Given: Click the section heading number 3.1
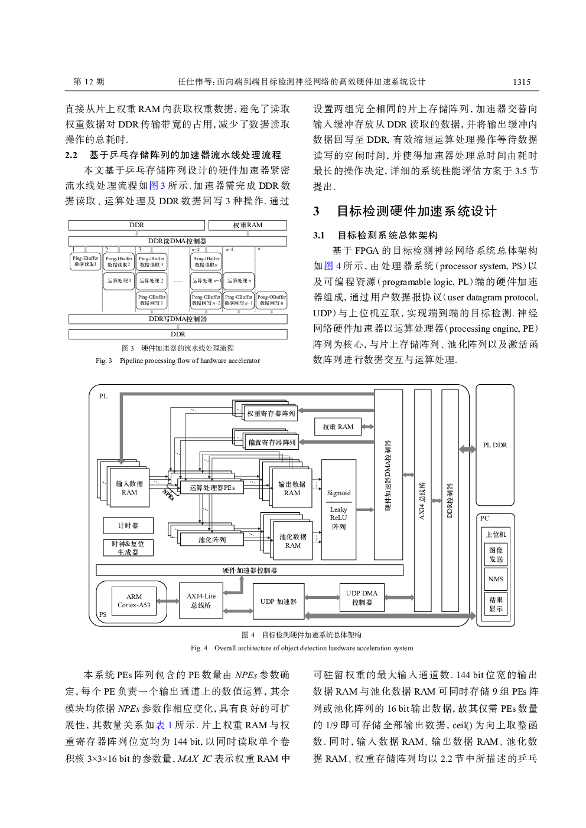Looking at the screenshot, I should pyautogui.click(x=319, y=235).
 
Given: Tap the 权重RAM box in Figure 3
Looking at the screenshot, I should pyautogui.click(x=247, y=225).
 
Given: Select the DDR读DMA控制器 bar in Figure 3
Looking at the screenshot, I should pyautogui.click(x=177, y=241).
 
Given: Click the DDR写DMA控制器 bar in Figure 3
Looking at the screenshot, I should pyautogui.click(x=177, y=319).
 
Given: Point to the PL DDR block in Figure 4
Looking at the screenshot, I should pyautogui.click(x=494, y=445).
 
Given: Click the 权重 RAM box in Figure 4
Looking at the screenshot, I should pyautogui.click(x=337, y=427).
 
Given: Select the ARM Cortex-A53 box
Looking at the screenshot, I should pyautogui.click(x=134, y=601).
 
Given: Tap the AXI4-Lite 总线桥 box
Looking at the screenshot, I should pyautogui.click(x=201, y=601).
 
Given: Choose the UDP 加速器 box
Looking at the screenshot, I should pyautogui.click(x=278, y=601).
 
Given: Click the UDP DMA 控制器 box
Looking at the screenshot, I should pyautogui.click(x=362, y=597).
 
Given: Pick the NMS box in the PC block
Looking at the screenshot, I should pyautogui.click(x=496, y=579).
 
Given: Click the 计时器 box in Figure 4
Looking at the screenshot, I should pyautogui.click(x=128, y=525).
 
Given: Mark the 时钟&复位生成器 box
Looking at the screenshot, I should pyautogui.click(x=128, y=548).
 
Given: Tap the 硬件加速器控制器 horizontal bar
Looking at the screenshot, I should pyautogui.click(x=249, y=570).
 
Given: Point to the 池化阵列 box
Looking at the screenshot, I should pyautogui.click(x=211, y=539).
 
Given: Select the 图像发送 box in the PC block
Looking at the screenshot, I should pyautogui.click(x=496, y=555).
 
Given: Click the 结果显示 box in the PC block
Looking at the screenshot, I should pyautogui.click(x=496, y=604).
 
